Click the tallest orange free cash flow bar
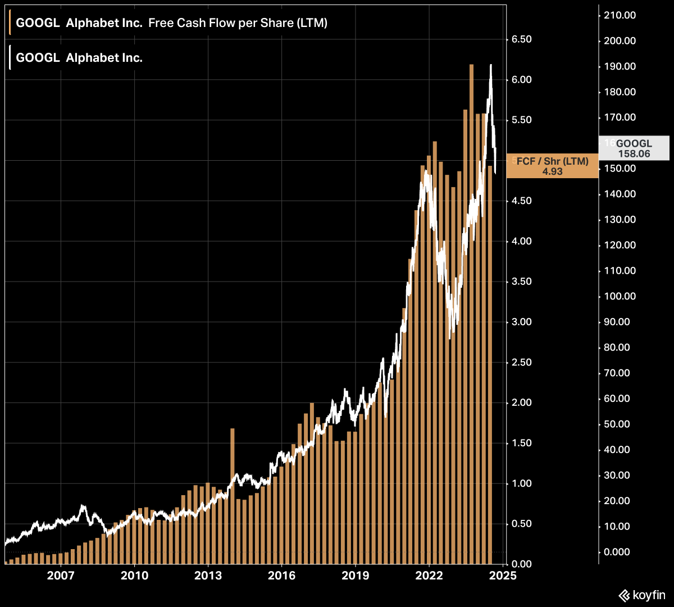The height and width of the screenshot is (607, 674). pos(471,315)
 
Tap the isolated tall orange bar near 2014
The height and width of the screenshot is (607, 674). pos(232,495)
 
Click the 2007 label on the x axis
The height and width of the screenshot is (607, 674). pos(61,576)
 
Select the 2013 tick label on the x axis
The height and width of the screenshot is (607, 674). pos(208,576)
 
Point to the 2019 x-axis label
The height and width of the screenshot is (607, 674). pos(355,576)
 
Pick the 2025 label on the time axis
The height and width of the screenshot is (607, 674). pos(503,576)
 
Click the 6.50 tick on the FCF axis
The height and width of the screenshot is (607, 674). pos(522,39)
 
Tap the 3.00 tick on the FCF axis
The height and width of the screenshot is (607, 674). pos(522,322)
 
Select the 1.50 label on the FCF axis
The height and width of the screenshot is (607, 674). pos(522,443)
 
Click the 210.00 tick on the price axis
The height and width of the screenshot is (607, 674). pos(620,15)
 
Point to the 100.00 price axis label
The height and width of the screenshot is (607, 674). pos(620,296)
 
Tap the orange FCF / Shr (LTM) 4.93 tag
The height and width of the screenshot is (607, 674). pos(552,166)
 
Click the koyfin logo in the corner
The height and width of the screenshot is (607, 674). pos(641,595)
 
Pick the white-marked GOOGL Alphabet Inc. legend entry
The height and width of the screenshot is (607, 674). pos(79,58)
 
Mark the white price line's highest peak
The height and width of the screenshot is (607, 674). pos(491,65)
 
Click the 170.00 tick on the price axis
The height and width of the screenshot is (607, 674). pos(620,117)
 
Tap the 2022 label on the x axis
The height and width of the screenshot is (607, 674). pos(429,576)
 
